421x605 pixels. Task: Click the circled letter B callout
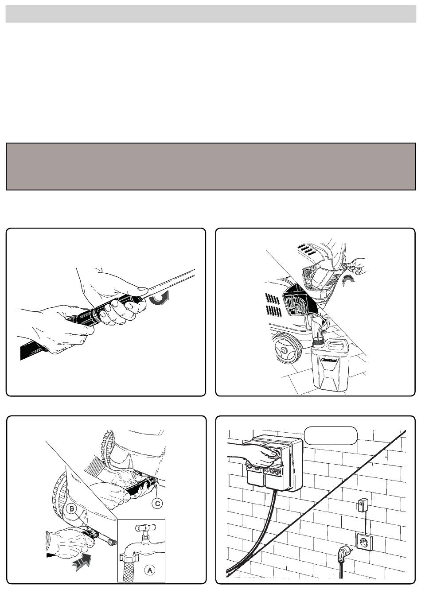pos(72,509)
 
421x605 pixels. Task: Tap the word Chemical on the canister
pos(329,360)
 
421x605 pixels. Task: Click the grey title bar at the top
pos(210,14)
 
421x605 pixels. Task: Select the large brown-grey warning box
pos(210,167)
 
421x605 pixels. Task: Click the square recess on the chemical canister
pos(328,374)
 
